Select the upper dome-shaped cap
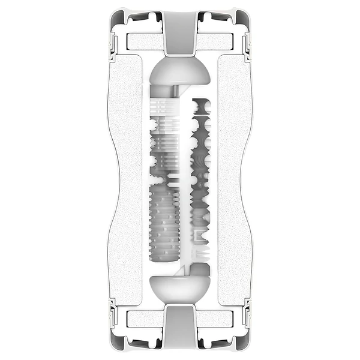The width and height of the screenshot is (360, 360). (180, 71)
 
